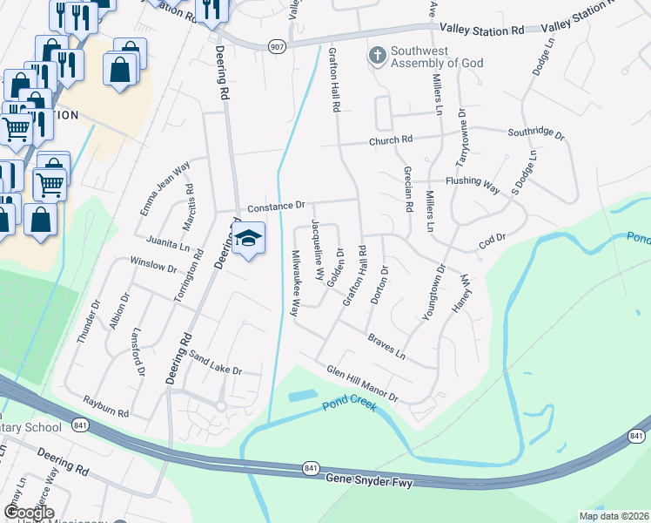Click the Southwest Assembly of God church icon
pos(377,57)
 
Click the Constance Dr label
pos(275,207)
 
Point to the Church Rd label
pos(389,140)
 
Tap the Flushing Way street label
pos(472,184)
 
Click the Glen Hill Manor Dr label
pos(362,384)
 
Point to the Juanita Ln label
pos(168,240)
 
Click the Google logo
pos(29,512)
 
